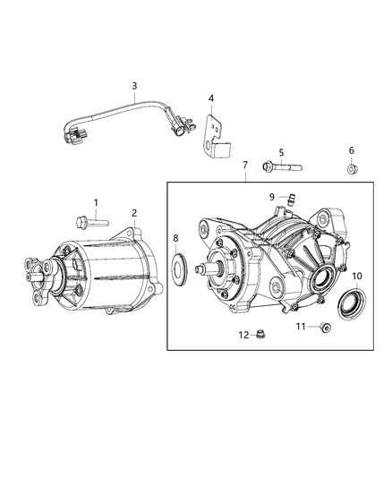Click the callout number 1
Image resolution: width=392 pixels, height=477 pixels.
pos(96,203)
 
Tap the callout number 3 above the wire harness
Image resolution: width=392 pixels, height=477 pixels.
pos(134,86)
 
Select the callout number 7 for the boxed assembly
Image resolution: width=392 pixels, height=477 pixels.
pos(244,166)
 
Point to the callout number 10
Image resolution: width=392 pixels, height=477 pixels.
pos(355,276)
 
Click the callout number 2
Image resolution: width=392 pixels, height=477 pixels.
pos(134,212)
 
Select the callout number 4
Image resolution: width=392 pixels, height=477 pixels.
pos(211,98)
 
